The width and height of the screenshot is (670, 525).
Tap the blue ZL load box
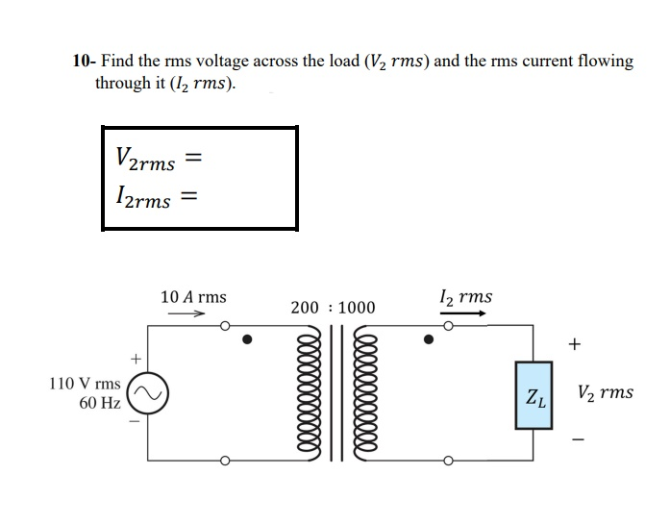535,394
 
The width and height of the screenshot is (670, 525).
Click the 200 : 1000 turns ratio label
333,308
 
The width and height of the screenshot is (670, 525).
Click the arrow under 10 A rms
193,313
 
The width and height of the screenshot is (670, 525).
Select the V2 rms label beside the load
606,392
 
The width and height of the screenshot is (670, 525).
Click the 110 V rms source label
85,384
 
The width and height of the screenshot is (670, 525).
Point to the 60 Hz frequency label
99,403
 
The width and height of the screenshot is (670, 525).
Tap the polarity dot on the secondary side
429,339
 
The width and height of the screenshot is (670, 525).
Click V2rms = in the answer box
157,159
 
